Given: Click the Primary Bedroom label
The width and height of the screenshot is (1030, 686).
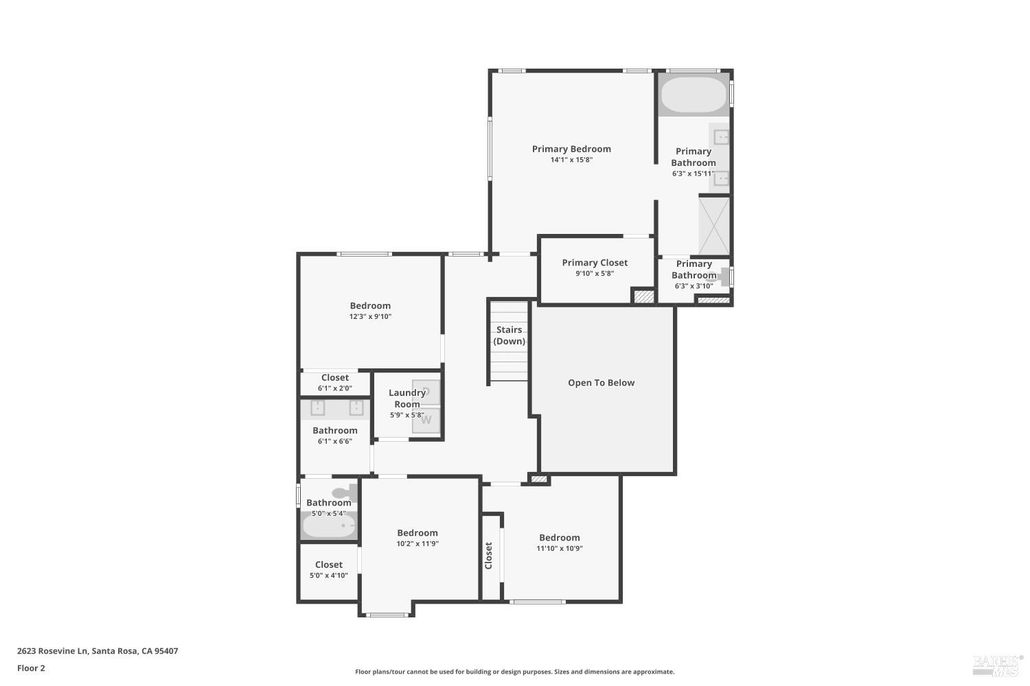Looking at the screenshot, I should pyautogui.click(x=571, y=149).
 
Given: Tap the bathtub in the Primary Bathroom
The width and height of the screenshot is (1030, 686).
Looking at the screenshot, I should pyautogui.click(x=694, y=95).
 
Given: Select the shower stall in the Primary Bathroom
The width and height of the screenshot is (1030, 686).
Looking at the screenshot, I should pyautogui.click(x=714, y=225).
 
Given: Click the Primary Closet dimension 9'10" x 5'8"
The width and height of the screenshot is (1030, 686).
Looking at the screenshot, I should pyautogui.click(x=595, y=273).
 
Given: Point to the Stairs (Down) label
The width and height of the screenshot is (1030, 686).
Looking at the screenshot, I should pyautogui.click(x=509, y=335).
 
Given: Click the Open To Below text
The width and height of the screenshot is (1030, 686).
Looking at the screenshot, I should pyautogui.click(x=601, y=383).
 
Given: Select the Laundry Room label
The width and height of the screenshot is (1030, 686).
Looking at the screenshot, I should pyautogui.click(x=407, y=399).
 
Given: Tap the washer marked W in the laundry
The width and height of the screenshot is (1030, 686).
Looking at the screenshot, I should pyautogui.click(x=426, y=420).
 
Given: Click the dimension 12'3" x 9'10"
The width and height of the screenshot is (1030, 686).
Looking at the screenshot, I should pyautogui.click(x=370, y=317).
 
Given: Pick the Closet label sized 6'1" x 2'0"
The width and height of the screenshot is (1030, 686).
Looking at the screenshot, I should pyautogui.click(x=335, y=377).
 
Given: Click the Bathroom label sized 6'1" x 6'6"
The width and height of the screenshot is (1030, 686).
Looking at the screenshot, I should pyautogui.click(x=335, y=431).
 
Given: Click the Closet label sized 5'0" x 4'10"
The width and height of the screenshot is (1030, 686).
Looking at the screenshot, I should pyautogui.click(x=329, y=565).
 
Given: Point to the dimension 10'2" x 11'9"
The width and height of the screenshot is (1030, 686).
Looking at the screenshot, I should pyautogui.click(x=417, y=544).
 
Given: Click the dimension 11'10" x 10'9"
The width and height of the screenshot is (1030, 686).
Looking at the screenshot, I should pyautogui.click(x=560, y=549).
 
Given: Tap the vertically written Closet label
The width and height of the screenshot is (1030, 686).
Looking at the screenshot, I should pyautogui.click(x=489, y=556).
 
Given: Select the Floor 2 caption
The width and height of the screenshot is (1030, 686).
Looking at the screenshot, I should pyautogui.click(x=31, y=668).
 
